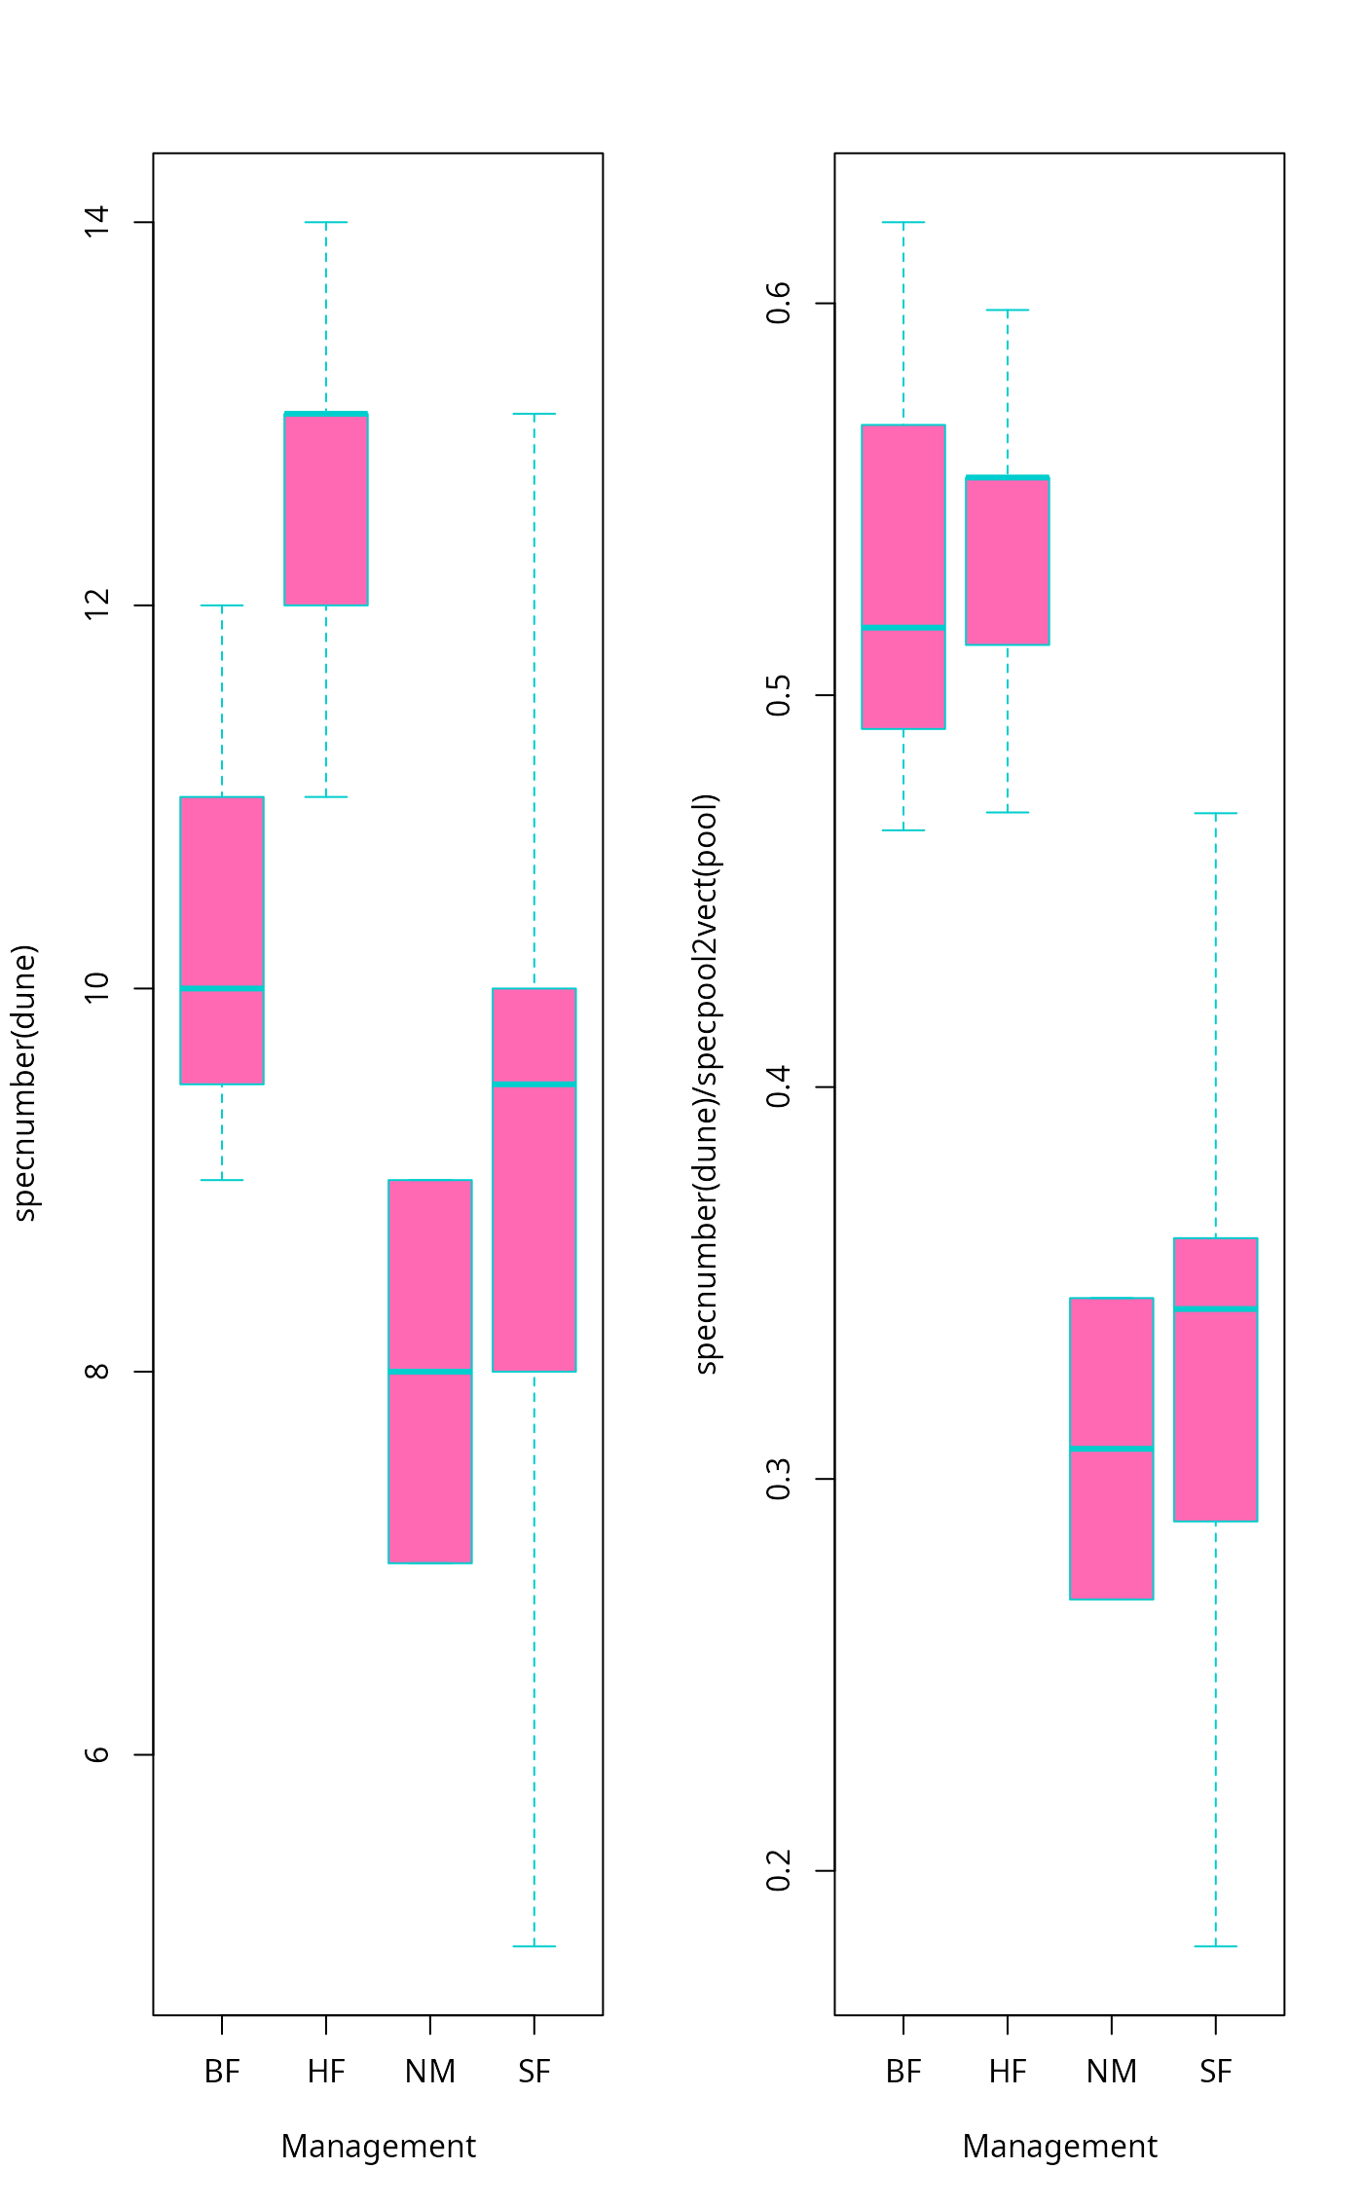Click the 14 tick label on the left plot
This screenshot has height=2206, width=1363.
pyautogui.click(x=96, y=222)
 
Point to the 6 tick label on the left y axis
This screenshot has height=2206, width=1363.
pyautogui.click(x=96, y=1754)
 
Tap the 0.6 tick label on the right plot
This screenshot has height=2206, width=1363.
pyautogui.click(x=778, y=303)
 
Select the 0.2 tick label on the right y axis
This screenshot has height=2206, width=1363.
pyautogui.click(x=778, y=1870)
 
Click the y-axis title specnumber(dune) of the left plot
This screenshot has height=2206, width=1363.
pyautogui.click(x=24, y=1082)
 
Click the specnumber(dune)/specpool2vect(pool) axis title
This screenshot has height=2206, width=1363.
pyautogui.click(x=706, y=1084)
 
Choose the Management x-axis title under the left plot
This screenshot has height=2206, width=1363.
pyautogui.click(x=378, y=2146)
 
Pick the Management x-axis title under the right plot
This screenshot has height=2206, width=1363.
pyautogui.click(x=1059, y=2146)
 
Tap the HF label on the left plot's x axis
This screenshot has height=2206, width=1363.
pyautogui.click(x=326, y=2072)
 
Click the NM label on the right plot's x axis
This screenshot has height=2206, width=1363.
pyautogui.click(x=1111, y=2072)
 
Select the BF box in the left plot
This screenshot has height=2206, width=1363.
pyautogui.click(x=222, y=905)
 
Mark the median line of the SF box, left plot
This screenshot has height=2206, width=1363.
pyautogui.click(x=534, y=1084)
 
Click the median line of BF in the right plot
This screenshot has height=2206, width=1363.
pyautogui.click(x=903, y=627)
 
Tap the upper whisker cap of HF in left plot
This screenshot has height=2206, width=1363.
pyautogui.click(x=326, y=222)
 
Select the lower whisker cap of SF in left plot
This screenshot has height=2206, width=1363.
pyautogui.click(x=534, y=1946)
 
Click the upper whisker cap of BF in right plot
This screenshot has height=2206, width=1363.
pyautogui.click(x=903, y=222)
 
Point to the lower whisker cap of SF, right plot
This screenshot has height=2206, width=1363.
pyautogui.click(x=1215, y=1946)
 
